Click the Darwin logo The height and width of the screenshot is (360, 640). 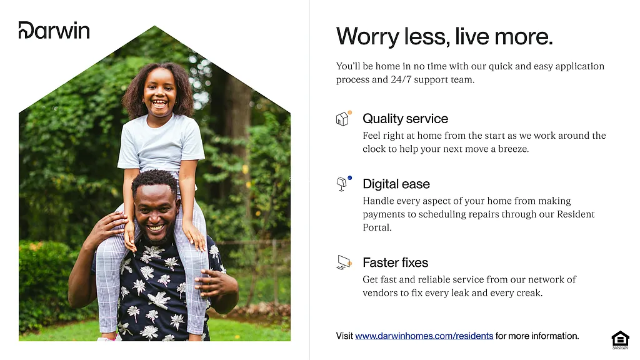point(54,30)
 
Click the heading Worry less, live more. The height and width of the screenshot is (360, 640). point(444,37)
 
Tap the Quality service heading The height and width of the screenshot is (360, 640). point(405,118)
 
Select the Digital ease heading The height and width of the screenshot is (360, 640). point(396,184)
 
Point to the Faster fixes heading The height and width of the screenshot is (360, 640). point(396,262)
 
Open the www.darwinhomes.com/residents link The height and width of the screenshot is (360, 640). point(424,336)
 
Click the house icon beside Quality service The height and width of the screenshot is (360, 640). point(342,119)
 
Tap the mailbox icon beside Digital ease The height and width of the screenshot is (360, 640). point(342,184)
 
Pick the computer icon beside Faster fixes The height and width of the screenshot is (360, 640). point(344,262)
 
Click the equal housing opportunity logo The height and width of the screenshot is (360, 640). point(620,340)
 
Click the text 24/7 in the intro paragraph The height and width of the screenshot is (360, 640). point(402,79)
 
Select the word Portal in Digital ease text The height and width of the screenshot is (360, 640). point(377,227)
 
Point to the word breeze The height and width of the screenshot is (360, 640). point(514,149)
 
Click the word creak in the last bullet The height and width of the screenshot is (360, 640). point(529,293)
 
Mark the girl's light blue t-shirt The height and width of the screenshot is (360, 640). point(161,143)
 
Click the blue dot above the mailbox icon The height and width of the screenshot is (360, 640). point(350,178)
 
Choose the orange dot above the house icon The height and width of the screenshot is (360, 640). point(350,112)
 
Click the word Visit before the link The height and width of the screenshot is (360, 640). point(344,336)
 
